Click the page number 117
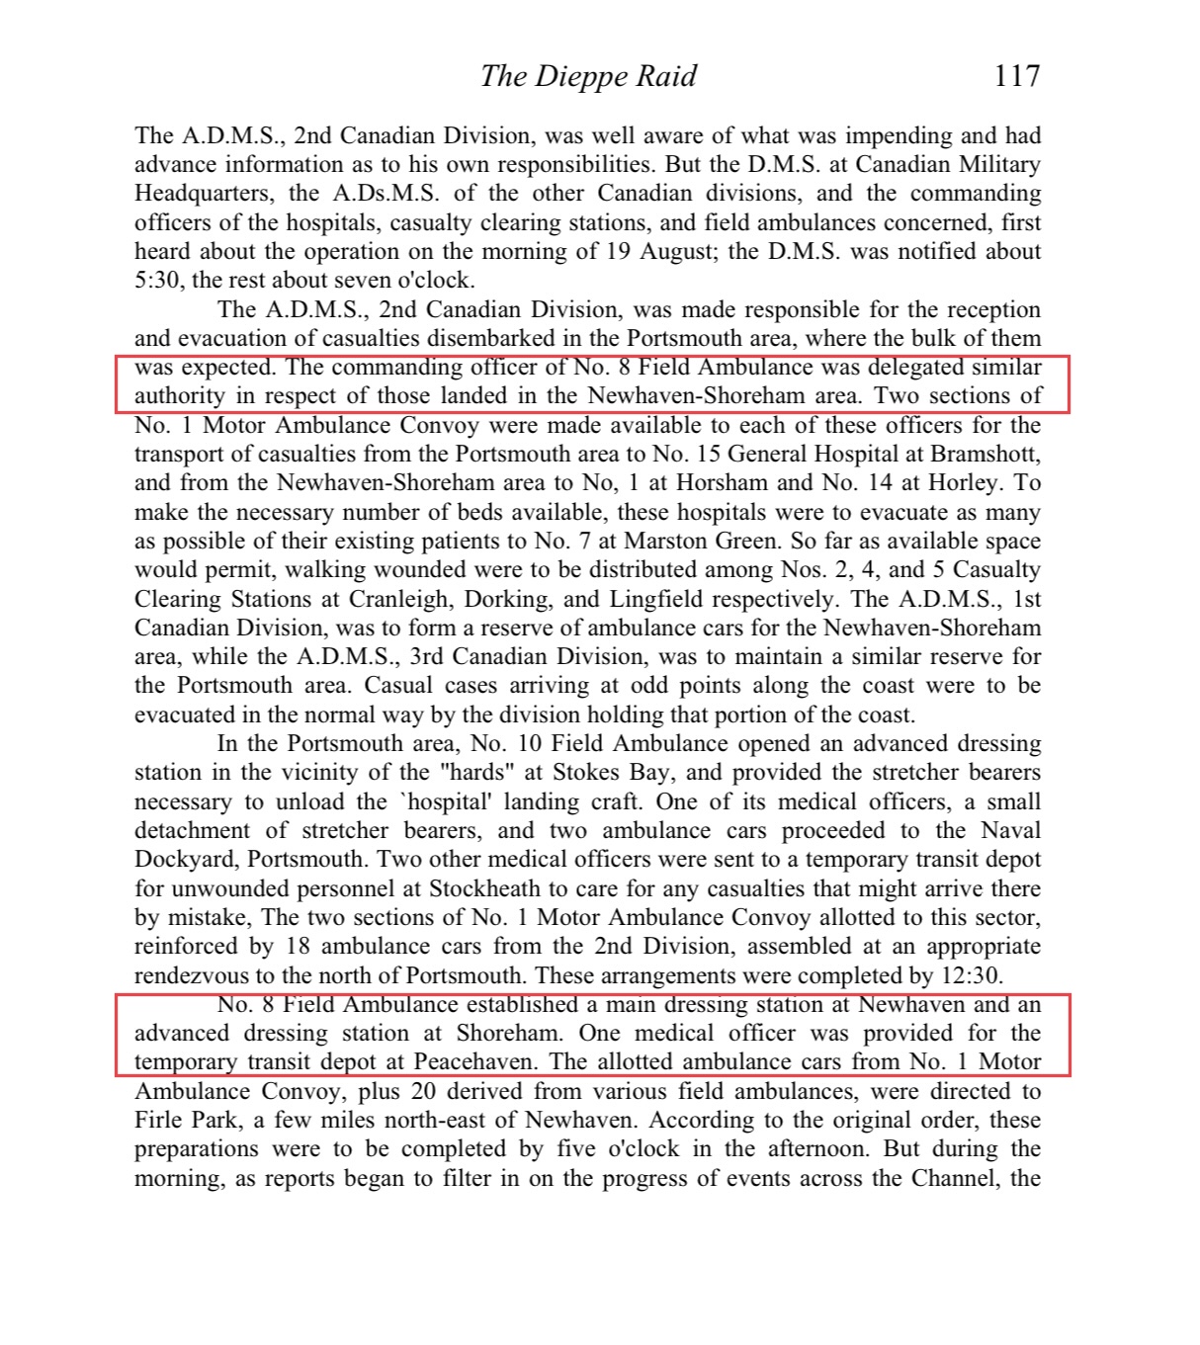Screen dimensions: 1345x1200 tap(1016, 76)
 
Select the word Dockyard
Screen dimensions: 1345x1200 tap(184, 860)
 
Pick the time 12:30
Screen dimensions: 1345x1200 tap(972, 975)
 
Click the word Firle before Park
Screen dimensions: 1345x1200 tap(158, 1121)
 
